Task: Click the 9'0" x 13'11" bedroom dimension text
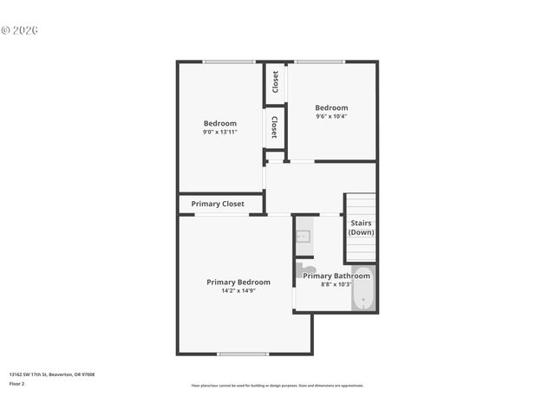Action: (x=220, y=133)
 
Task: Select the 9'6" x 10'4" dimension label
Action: (x=331, y=116)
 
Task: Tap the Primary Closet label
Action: (x=218, y=205)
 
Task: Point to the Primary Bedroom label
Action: (x=238, y=282)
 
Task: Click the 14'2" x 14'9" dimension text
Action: (x=238, y=291)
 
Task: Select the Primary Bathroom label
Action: (x=336, y=276)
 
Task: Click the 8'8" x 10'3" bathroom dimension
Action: (x=336, y=284)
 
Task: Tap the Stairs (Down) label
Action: (x=361, y=228)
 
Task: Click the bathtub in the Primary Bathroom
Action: (x=362, y=290)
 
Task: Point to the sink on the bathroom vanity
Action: (x=304, y=236)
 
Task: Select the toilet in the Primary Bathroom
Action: (x=305, y=270)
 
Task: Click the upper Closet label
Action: (x=275, y=82)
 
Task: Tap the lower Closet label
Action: (x=275, y=127)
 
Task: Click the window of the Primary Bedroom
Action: (x=243, y=354)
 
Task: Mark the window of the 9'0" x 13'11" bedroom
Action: (x=228, y=62)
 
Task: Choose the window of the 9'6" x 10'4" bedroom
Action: (x=319, y=62)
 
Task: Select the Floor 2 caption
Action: (x=16, y=383)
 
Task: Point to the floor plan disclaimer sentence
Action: (x=277, y=386)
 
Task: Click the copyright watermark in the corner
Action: (x=20, y=30)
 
